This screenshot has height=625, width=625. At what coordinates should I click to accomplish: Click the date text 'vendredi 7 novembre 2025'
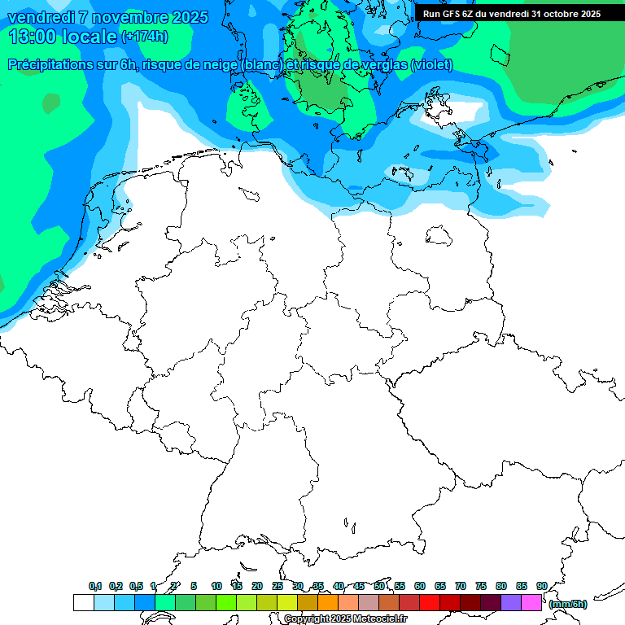click(x=107, y=17)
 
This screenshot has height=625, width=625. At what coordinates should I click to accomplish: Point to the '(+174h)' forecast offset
click(x=144, y=37)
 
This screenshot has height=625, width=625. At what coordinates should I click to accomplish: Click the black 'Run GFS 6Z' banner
click(x=511, y=13)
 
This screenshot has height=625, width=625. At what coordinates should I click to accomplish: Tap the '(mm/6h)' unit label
click(x=567, y=604)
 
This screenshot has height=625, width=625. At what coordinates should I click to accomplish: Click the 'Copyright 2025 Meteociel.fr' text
click(x=345, y=619)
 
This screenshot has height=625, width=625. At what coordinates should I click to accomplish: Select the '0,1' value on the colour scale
click(x=95, y=586)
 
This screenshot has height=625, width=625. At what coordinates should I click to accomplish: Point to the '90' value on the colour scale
click(x=541, y=586)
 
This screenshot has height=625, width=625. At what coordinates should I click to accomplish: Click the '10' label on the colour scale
click(x=216, y=586)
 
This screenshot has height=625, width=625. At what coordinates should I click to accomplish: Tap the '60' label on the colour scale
click(x=420, y=586)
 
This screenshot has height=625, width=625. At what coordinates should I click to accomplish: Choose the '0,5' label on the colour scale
click(x=136, y=586)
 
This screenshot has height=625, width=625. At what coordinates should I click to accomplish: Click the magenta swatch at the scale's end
click(x=531, y=602)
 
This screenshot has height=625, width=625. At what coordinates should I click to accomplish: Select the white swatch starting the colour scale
click(x=83, y=602)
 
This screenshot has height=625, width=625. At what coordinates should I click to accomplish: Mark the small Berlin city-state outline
click(x=439, y=235)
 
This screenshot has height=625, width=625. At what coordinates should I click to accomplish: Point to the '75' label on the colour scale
click(x=481, y=586)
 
